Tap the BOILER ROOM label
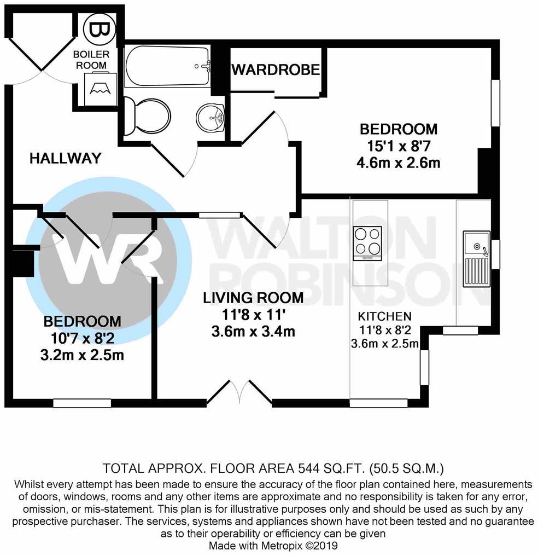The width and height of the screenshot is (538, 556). (91, 60)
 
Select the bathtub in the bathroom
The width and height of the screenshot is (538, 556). (167, 66)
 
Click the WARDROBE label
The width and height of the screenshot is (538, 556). (276, 70)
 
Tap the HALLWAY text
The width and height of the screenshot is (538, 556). (66, 159)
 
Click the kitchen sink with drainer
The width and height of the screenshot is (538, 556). (476, 258)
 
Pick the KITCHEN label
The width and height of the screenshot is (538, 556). (384, 316)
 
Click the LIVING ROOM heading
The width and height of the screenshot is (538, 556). (253, 298)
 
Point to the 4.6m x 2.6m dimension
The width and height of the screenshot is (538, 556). (399, 163)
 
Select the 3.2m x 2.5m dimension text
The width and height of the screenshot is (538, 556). (82, 355)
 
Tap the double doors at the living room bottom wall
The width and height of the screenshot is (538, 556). (239, 393)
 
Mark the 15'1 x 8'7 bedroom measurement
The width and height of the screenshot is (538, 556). (399, 146)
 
